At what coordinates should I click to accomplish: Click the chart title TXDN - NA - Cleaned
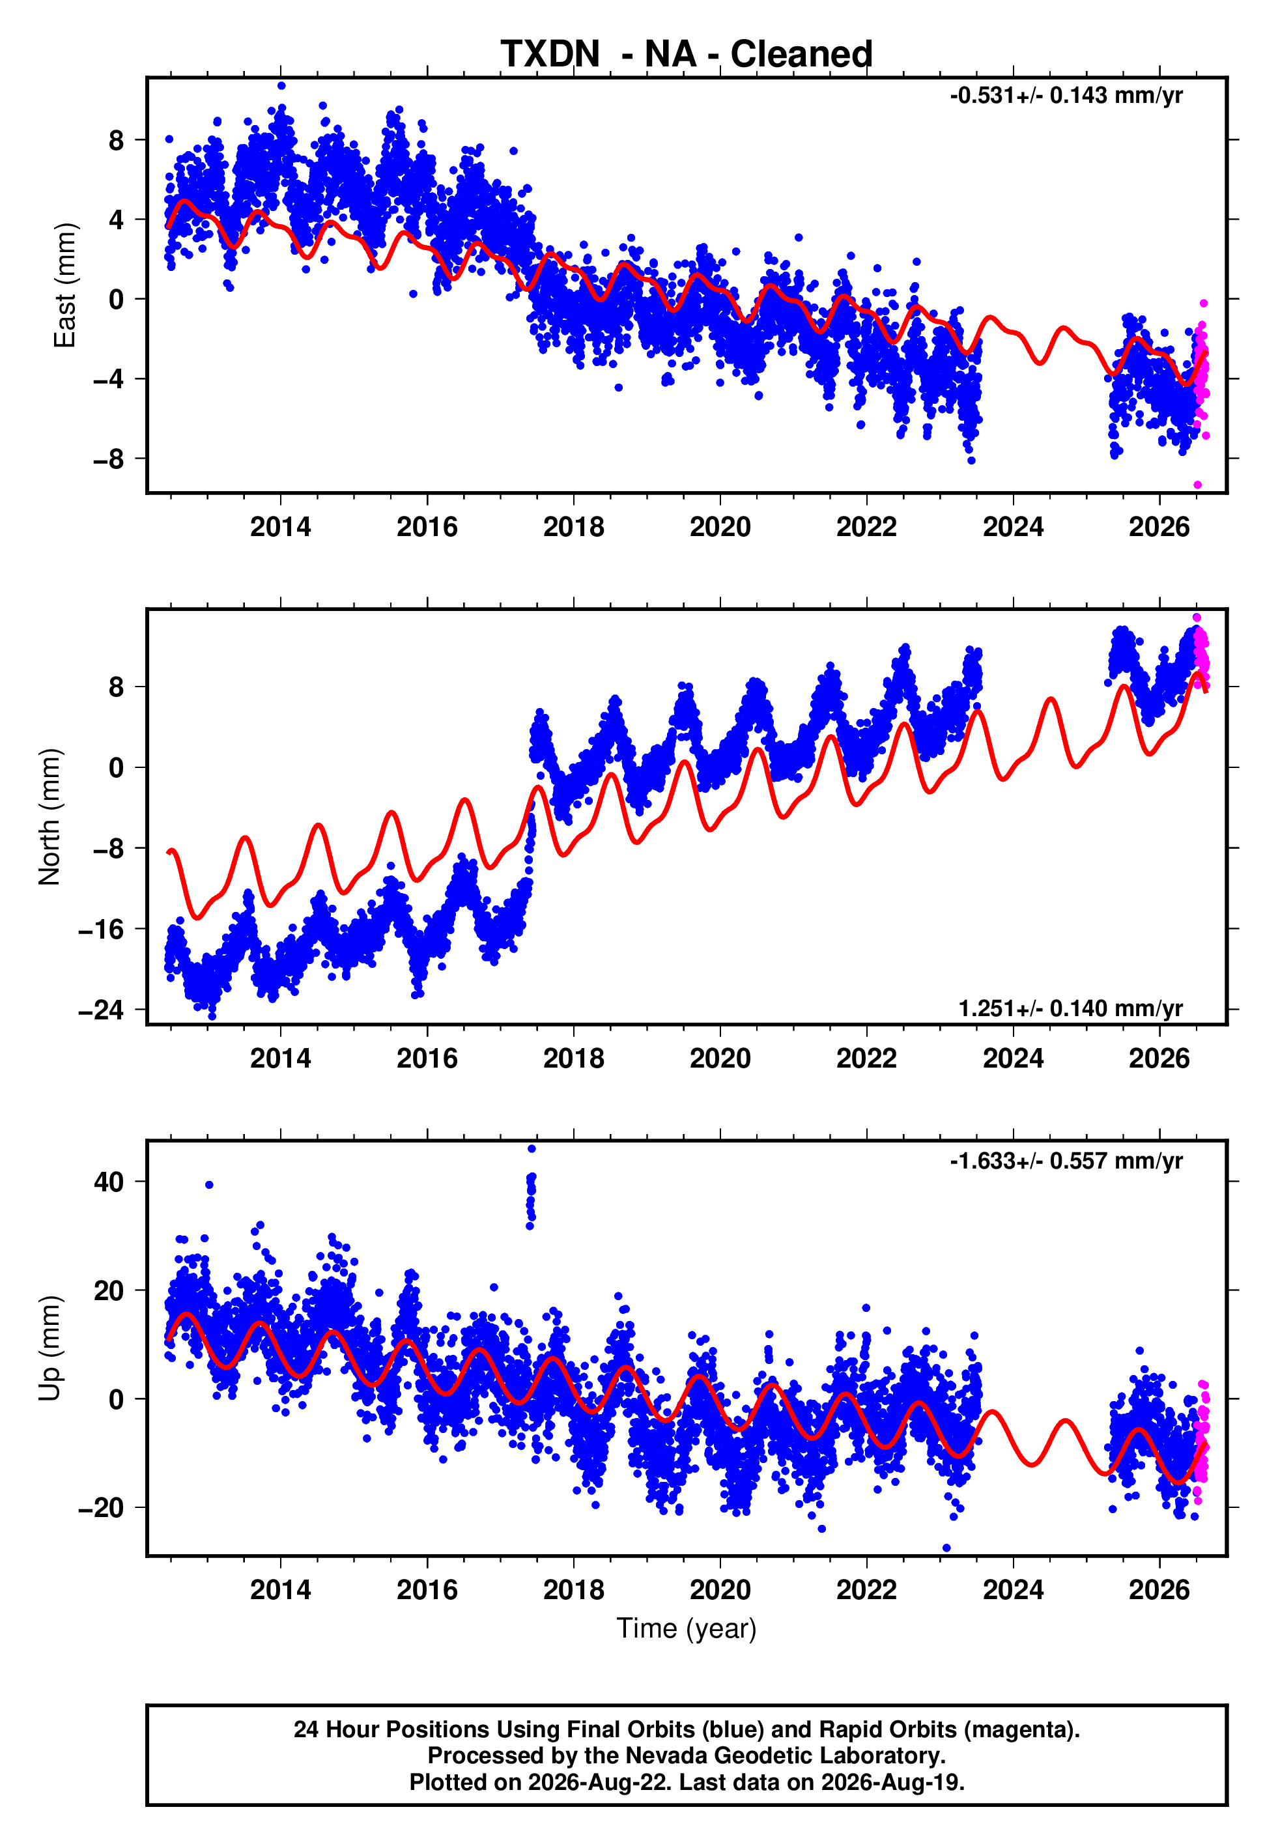pos(687,55)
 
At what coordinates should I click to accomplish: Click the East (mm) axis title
pos(64,285)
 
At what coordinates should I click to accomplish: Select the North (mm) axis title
pos(50,817)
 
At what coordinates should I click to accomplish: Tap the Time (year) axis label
pos(687,1628)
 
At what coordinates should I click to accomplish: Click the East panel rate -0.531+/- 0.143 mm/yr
pos(1066,96)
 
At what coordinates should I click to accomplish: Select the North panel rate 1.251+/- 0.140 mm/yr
pos(1071,1008)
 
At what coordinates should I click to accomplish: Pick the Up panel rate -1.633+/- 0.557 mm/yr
pos(1066,1161)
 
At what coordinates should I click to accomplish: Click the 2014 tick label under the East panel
pos(280,527)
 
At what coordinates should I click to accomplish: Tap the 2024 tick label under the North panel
pos(1013,1058)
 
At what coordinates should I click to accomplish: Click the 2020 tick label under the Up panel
pos(720,1590)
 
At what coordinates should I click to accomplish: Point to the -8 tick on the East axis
pos(109,459)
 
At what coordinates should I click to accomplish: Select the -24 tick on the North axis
pos(102,1010)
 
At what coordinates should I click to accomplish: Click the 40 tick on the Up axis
pos(109,1182)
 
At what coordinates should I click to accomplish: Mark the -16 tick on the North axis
pos(102,929)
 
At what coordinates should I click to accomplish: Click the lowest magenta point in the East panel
pos(1197,485)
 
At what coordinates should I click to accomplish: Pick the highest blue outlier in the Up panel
pos(532,1149)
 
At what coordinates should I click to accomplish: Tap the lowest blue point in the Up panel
pos(946,1548)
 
